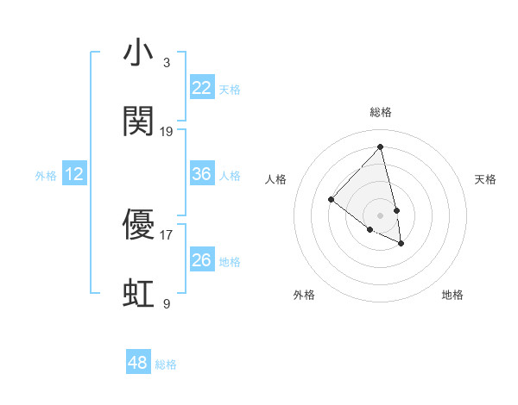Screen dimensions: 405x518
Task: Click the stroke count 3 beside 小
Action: click(167, 63)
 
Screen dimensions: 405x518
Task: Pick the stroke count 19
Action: click(167, 132)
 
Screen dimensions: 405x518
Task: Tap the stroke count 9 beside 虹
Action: click(167, 303)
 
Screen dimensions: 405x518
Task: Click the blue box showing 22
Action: click(201, 87)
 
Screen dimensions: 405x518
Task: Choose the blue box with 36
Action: click(201, 174)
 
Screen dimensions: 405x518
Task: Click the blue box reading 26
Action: click(201, 259)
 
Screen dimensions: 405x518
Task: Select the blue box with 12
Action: click(74, 174)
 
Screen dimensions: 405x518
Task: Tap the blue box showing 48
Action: click(138, 363)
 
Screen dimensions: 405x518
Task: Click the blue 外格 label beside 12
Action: click(46, 176)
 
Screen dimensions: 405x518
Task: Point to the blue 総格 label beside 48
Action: click(166, 364)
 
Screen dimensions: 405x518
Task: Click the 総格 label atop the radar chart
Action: click(380, 112)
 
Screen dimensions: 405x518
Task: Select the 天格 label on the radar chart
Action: click(485, 179)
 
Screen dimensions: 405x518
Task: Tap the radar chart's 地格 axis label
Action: click(452, 295)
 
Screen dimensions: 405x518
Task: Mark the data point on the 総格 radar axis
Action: click(380, 146)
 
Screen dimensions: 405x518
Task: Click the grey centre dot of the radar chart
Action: click(380, 215)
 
